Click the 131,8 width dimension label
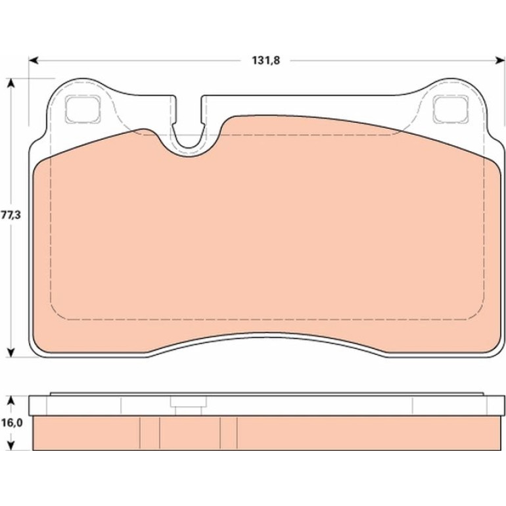point(265,60)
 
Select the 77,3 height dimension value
point(11,215)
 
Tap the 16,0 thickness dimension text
point(12,423)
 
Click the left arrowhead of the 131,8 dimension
point(34,60)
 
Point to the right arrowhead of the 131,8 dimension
point(500,60)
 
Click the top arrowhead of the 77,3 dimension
point(11,83)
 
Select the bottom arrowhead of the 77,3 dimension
point(11,352)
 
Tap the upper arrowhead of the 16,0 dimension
point(11,401)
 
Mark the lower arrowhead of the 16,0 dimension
point(11,446)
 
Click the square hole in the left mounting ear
point(82,109)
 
